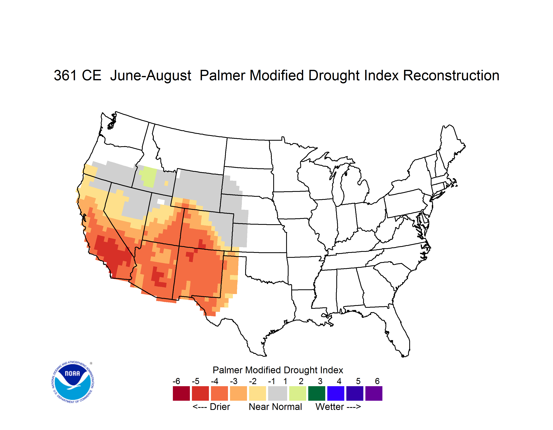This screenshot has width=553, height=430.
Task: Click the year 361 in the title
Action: click(65, 75)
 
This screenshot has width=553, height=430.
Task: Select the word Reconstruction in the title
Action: click(451, 75)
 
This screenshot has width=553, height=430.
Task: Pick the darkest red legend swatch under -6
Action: click(181, 393)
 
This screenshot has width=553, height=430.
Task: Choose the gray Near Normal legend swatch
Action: click(278, 393)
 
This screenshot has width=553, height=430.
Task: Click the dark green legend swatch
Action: click(316, 393)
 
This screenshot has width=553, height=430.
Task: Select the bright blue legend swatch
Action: click(336, 393)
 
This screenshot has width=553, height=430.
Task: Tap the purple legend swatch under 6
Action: click(374, 393)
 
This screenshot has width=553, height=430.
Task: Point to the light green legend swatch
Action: click(298, 393)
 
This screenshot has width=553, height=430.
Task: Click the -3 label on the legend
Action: click(234, 381)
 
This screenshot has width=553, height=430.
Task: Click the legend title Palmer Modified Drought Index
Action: click(278, 370)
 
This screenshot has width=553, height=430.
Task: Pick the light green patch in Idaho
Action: click(149, 177)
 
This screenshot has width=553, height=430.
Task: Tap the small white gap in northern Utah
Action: click(161, 202)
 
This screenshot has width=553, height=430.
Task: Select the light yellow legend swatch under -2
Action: click(257, 393)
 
